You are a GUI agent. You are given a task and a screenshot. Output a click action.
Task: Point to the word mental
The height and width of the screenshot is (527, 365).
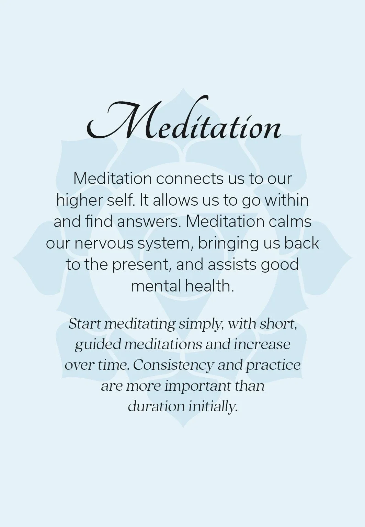pyautogui.click(x=155, y=286)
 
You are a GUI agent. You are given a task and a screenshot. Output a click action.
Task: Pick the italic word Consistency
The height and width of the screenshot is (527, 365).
pyautogui.click(x=173, y=365)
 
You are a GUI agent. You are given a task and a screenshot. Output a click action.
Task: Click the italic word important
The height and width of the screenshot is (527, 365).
pyautogui.click(x=198, y=386)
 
